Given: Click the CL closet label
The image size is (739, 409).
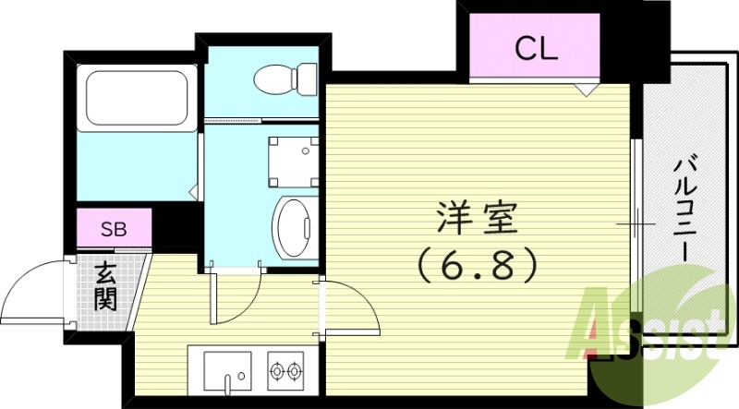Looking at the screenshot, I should coord(536,49).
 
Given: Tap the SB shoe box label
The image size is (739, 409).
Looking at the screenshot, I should coord(114,226).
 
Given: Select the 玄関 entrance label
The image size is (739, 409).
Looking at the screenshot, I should coord(104,287).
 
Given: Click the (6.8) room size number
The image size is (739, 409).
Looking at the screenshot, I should coord(477,268).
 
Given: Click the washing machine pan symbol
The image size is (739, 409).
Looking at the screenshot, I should coord(295,159).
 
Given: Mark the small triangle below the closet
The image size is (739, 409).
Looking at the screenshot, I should coord(583,90).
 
